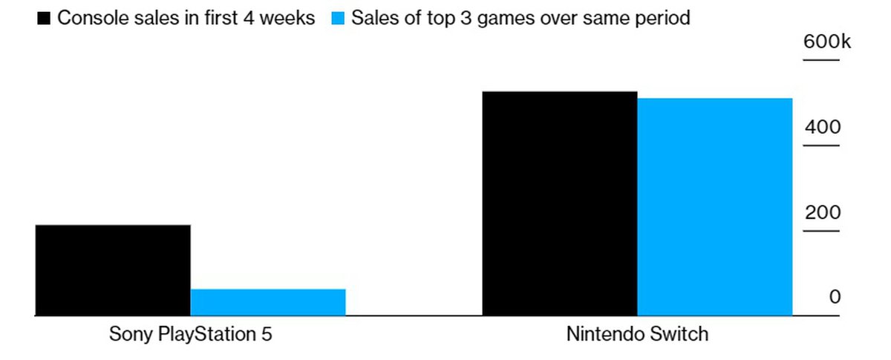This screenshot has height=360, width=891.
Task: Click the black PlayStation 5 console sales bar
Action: click(112, 270)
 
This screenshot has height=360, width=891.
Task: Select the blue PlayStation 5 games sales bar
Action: click(268, 302)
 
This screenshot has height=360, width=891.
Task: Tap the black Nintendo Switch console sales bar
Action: click(559, 203)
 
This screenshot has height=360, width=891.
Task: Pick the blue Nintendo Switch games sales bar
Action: click(714, 206)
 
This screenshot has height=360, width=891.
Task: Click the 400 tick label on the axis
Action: click(823, 128)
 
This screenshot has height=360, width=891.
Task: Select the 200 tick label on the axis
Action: click(823, 213)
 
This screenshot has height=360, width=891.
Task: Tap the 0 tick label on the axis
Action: click(835, 298)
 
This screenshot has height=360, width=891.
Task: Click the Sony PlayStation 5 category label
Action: click(191, 335)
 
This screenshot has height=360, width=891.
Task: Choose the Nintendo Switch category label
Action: click(637, 335)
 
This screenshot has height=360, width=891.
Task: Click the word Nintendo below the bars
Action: click(608, 335)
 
